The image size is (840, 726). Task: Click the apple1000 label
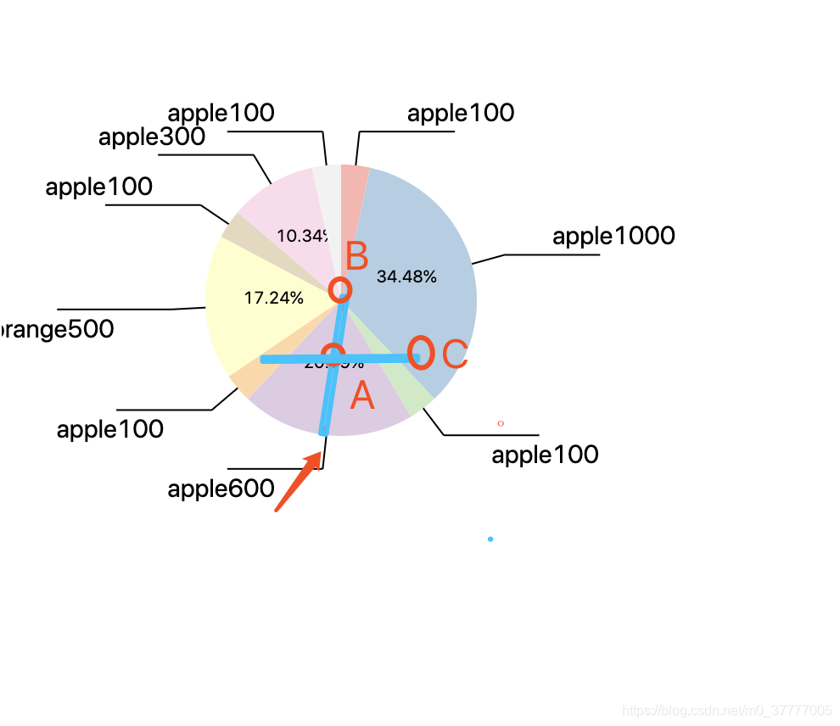click(x=613, y=236)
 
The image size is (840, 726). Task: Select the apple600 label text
click(x=221, y=489)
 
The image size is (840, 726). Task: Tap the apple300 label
click(x=152, y=137)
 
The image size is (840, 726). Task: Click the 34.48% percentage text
click(x=406, y=276)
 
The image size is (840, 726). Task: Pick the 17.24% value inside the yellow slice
click(x=273, y=298)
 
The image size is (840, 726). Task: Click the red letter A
click(x=362, y=396)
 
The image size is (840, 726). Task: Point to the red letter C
click(x=456, y=355)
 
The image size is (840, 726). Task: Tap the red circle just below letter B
click(x=339, y=289)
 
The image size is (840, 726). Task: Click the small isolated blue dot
click(x=490, y=539)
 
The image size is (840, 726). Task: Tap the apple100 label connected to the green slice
click(x=545, y=455)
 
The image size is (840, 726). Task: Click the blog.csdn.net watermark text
click(x=725, y=710)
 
